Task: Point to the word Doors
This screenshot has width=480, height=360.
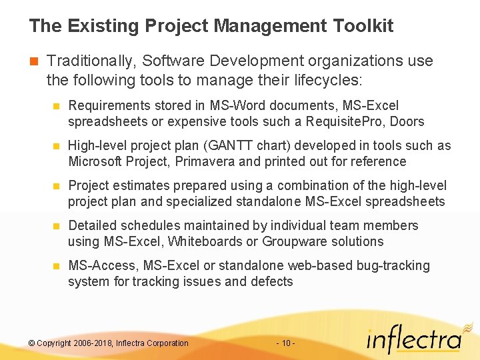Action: coord(409,121)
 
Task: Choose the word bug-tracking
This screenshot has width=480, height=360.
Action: coord(393,265)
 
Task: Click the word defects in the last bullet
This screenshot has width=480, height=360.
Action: coord(271,281)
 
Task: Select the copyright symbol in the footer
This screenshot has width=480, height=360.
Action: coord(31,343)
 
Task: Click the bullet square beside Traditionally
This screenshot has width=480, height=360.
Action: coord(34,61)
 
